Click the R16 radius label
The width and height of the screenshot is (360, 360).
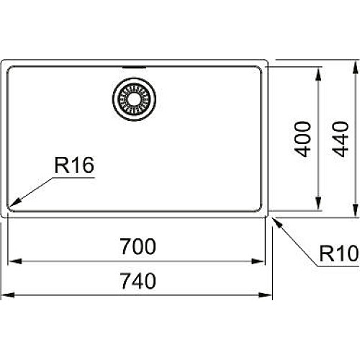[x=74, y=165]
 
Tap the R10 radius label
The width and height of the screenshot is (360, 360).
[x=339, y=253]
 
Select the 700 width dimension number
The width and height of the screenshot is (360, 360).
[x=138, y=246]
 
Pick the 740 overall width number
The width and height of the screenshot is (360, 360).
[x=138, y=281]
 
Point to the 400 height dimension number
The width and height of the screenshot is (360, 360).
[x=302, y=139]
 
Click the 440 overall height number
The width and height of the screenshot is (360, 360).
[x=340, y=139]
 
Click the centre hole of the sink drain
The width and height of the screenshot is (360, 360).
[x=134, y=99]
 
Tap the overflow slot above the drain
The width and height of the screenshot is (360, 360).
[x=134, y=68]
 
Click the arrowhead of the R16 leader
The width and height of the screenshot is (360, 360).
[x=15, y=203]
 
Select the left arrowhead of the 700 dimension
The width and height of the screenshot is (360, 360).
[x=15, y=261]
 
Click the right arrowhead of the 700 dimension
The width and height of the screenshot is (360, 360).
[x=258, y=261]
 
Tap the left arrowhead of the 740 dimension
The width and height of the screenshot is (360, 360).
[x=7, y=294]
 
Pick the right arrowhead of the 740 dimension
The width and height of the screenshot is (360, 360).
[x=266, y=294]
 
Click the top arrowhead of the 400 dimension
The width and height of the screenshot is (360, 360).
[x=318, y=74]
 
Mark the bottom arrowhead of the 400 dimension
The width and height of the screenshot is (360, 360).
[x=318, y=204]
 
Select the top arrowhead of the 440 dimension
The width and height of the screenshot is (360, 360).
[x=356, y=67]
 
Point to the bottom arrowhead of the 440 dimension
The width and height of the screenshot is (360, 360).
[x=356, y=210]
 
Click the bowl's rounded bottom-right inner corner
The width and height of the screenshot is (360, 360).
[x=260, y=210]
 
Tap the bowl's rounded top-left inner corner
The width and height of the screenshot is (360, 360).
[x=9, y=68]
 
